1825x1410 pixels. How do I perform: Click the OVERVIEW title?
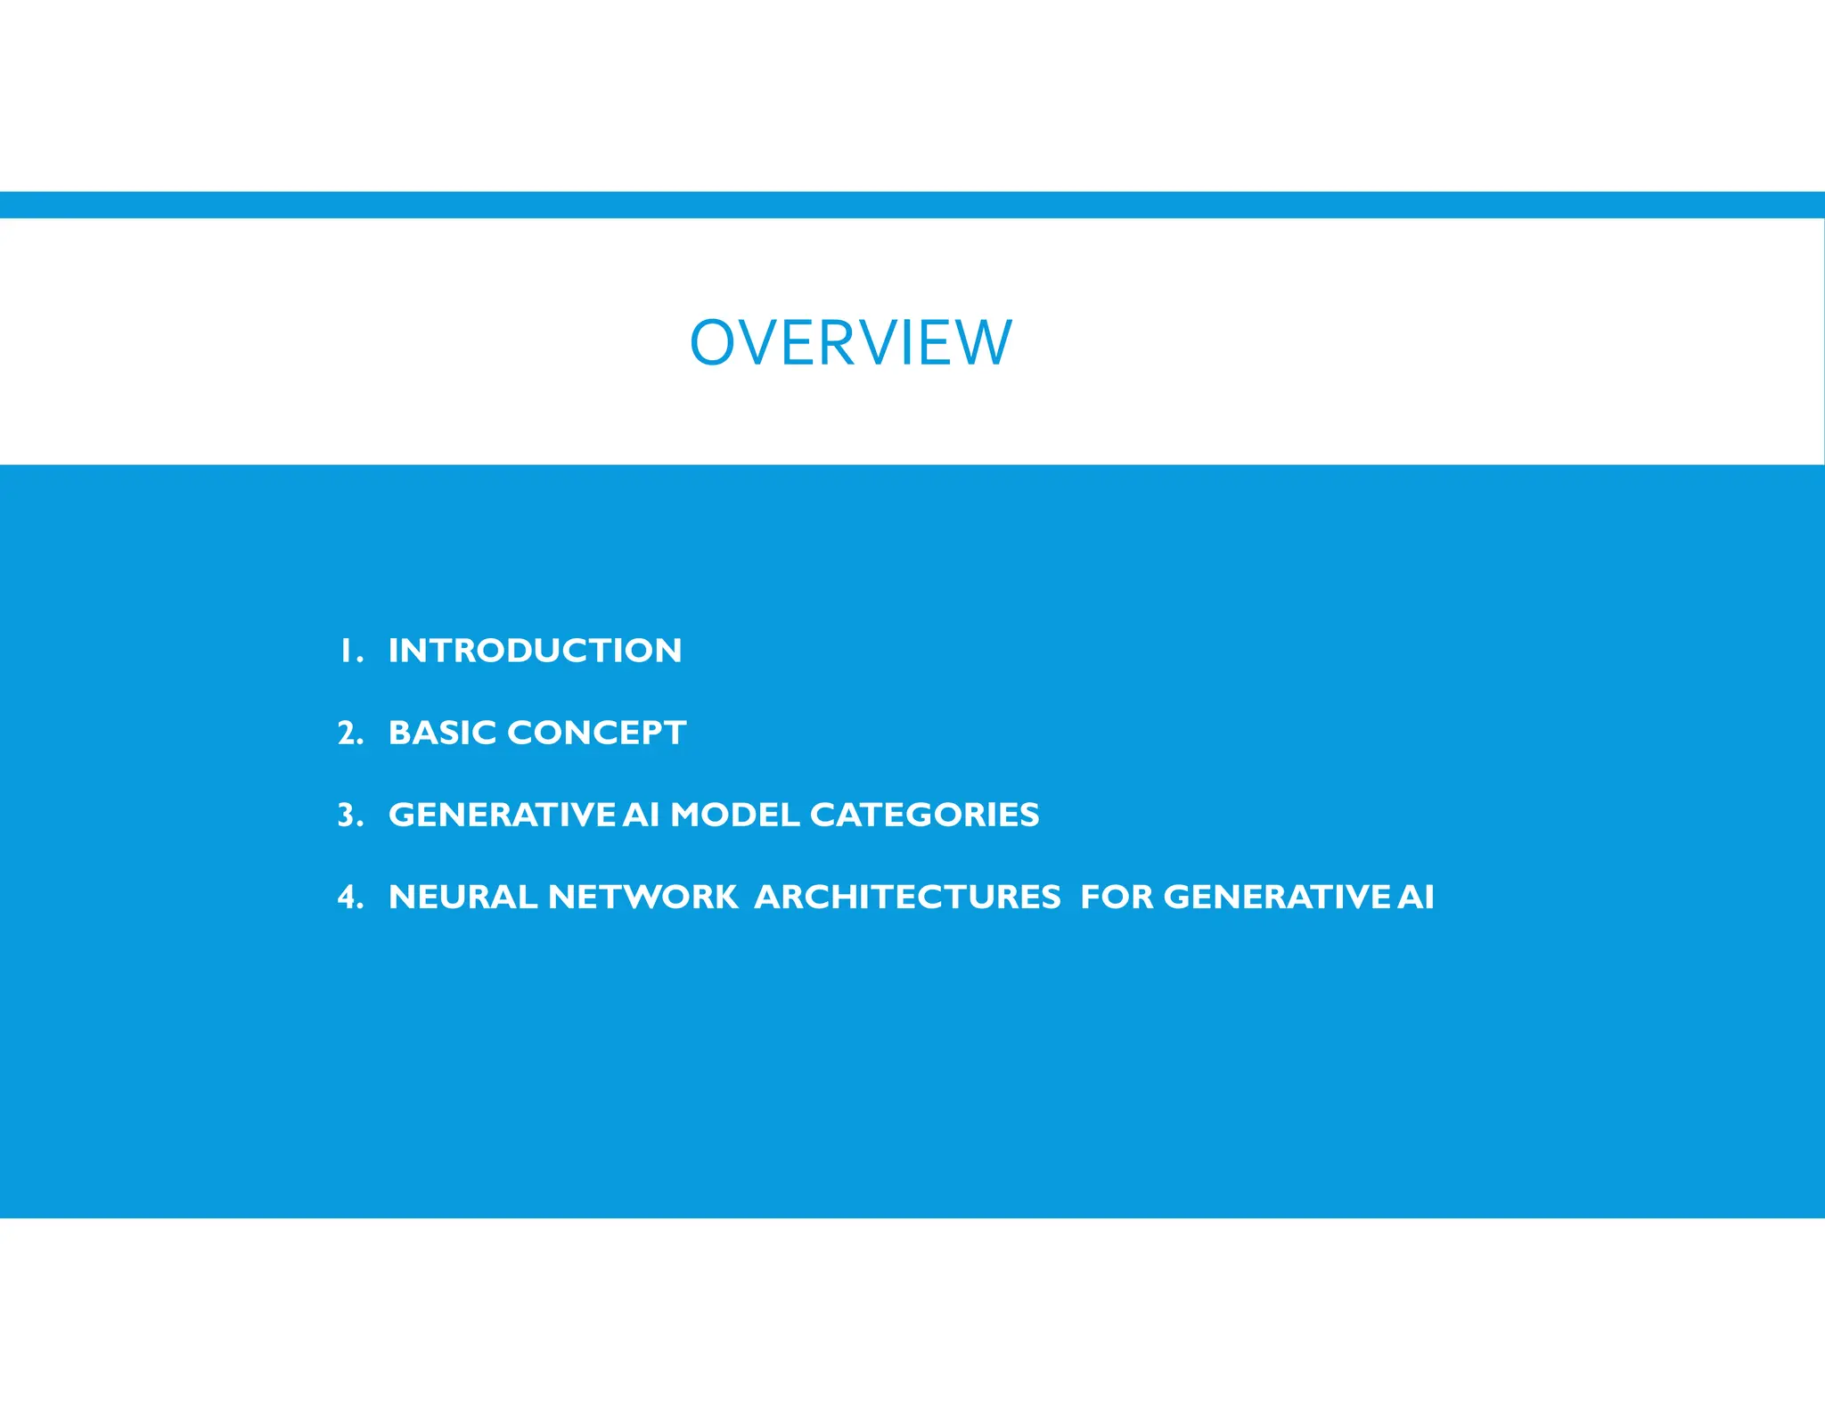point(851,343)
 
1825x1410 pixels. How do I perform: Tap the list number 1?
point(347,651)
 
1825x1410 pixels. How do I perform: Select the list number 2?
point(348,733)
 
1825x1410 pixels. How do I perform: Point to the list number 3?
point(348,815)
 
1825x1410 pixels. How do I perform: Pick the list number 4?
point(348,897)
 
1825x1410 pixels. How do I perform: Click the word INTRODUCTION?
point(535,651)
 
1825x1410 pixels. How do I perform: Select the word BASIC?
point(442,733)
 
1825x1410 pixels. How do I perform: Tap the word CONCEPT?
point(596,733)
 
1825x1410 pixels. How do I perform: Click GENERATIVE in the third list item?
point(502,815)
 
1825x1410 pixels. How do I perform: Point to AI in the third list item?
point(641,815)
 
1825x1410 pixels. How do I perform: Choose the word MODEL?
point(734,815)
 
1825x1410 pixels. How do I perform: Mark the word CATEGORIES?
point(924,815)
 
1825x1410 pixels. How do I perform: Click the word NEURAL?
point(462,897)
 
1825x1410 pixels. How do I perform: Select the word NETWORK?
point(642,897)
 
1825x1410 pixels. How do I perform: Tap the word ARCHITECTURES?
point(907,897)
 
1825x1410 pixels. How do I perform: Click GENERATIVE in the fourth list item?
point(1276,897)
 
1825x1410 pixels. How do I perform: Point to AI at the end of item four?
point(1416,897)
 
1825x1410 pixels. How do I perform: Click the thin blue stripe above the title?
point(912,205)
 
